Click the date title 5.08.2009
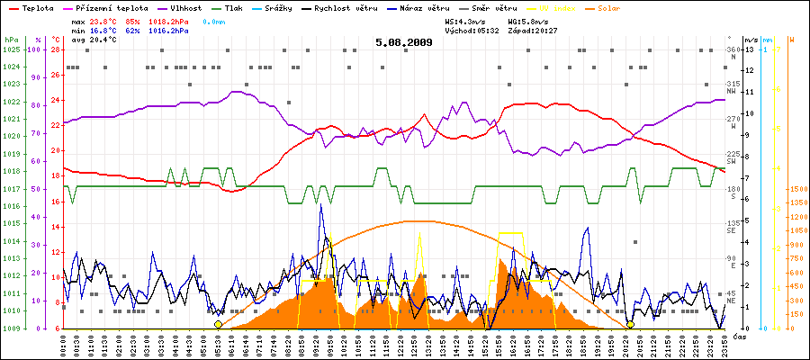point(404,41)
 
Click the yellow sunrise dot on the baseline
point(219,324)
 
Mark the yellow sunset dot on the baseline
point(630,324)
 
